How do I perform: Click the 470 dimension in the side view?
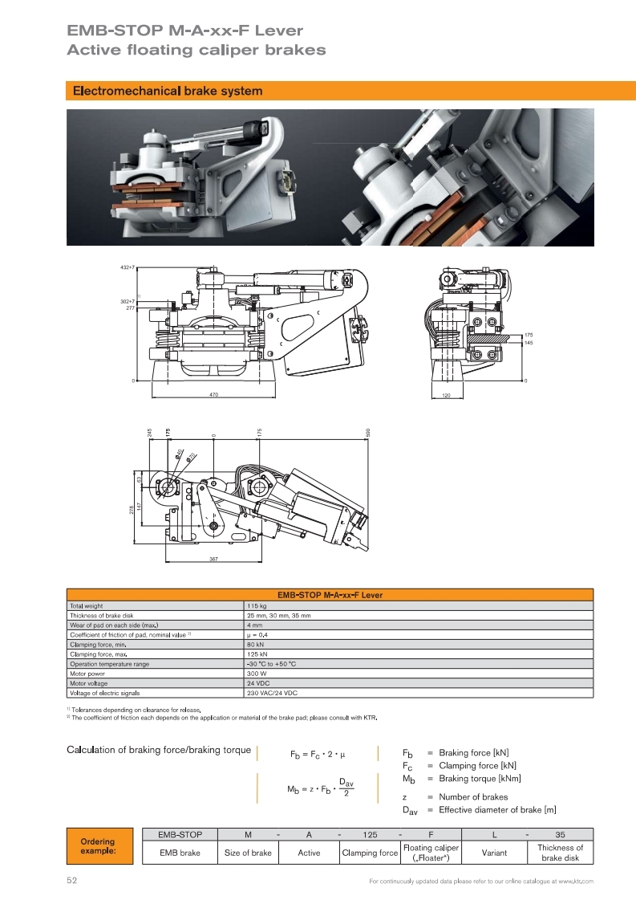coord(214,396)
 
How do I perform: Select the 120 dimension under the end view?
coord(447,396)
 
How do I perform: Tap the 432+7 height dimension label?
coord(128,266)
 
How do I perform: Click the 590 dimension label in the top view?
coord(368,431)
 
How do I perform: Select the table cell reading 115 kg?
coord(258,605)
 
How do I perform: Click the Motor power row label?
coord(87,674)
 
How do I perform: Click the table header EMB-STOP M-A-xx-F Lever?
coord(330,595)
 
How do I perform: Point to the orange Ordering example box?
coord(97,846)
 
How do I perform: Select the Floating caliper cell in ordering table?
coord(431,853)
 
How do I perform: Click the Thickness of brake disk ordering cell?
coord(560,853)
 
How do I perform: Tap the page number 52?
coord(71,881)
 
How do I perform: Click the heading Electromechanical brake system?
coord(168,92)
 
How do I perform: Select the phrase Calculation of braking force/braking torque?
coord(158,751)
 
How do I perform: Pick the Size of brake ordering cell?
coord(248,853)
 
